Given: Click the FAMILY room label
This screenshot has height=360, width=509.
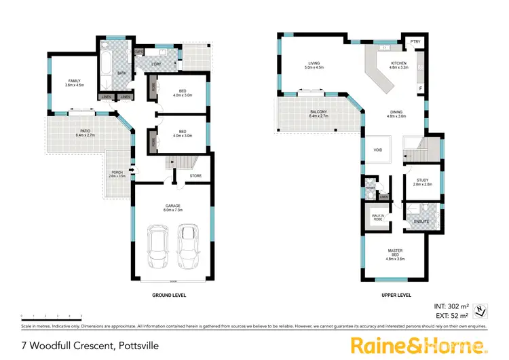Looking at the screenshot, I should coord(74,83).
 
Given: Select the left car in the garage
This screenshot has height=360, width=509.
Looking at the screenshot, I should coord(157,249).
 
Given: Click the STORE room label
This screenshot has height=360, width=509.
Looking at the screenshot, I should coord(195,176).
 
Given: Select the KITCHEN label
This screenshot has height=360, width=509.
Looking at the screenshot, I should coord(398,65).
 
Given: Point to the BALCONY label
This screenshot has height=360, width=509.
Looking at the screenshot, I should coord(318,114).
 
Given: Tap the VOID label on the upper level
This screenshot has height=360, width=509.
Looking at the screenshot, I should coord(377,149).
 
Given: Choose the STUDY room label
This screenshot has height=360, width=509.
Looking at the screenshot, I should coord(422,181).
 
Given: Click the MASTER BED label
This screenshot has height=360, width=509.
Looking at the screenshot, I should coord(395,255).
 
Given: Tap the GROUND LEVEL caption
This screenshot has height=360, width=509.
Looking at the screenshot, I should coord(170,295).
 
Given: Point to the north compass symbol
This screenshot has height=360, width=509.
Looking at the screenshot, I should coord(481,310).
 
